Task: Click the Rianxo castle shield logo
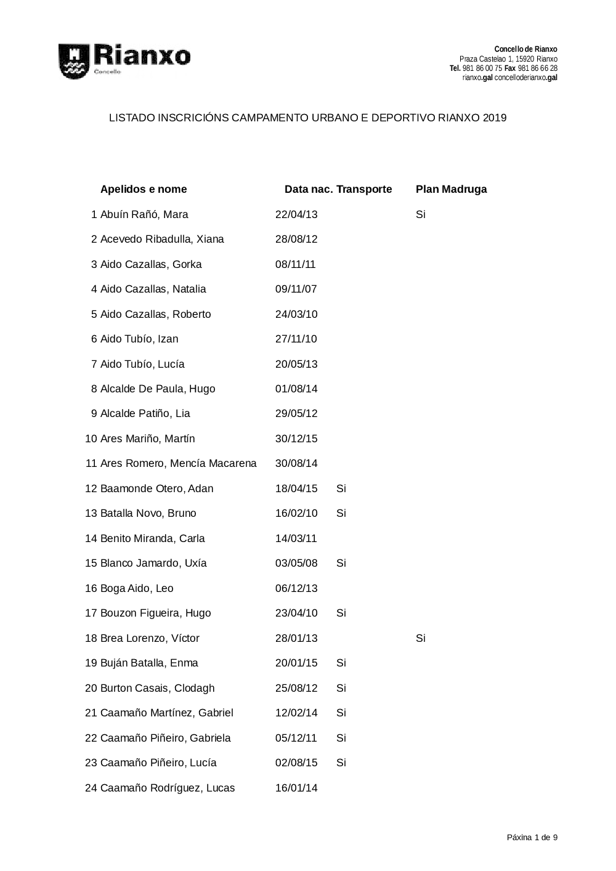[x=74, y=61]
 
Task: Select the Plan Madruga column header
[x=451, y=189]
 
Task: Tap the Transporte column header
[x=364, y=189]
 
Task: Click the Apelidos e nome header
[x=144, y=189]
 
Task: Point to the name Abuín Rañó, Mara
[x=144, y=214]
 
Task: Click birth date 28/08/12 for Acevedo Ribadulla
[x=296, y=239]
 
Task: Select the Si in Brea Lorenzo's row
[x=421, y=638]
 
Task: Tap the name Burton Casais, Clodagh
[x=157, y=688]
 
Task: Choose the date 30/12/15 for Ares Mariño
[x=296, y=439]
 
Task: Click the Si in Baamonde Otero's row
[x=341, y=488]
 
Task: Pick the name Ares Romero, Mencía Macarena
[x=178, y=463]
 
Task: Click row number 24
[x=91, y=788]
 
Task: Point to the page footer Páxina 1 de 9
[x=532, y=837]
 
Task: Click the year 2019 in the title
[x=495, y=118]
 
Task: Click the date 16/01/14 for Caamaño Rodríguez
[x=296, y=788]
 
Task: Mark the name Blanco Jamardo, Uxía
[x=153, y=563]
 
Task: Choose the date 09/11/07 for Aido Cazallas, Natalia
[x=296, y=289]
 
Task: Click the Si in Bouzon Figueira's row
[x=341, y=613]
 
